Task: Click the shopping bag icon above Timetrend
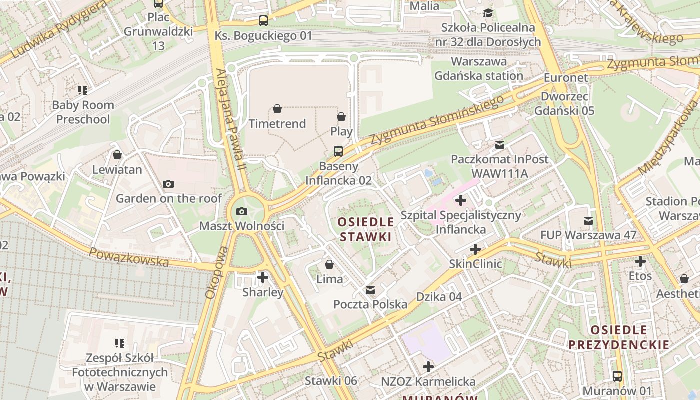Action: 277,109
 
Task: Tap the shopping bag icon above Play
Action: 341,117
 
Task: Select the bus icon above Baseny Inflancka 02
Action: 338,151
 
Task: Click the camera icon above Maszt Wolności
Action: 242,211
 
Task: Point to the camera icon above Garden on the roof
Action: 168,184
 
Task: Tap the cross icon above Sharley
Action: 263,277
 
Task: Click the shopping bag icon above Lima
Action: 329,264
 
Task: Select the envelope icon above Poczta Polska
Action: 370,290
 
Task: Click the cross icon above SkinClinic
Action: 475,249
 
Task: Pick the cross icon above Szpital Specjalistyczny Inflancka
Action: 461,201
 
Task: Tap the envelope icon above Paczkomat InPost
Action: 499,145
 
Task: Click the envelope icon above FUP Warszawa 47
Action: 588,220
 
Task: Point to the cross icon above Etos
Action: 640,261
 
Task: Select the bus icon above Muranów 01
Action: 617,376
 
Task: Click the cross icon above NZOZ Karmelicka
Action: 428,367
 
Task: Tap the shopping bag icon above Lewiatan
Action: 117,155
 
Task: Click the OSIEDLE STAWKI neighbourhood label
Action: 365,229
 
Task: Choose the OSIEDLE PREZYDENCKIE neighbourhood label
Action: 619,337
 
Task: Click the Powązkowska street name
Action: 128,256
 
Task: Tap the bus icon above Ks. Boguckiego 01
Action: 263,21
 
